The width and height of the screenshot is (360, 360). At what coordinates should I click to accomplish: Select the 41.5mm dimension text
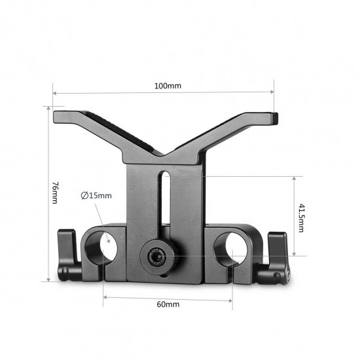[x=302, y=216]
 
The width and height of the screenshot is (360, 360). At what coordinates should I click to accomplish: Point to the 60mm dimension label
[x=168, y=304]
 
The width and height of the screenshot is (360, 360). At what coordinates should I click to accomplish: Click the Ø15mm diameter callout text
[x=96, y=195]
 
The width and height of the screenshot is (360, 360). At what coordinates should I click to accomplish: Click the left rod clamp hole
[x=109, y=248]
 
